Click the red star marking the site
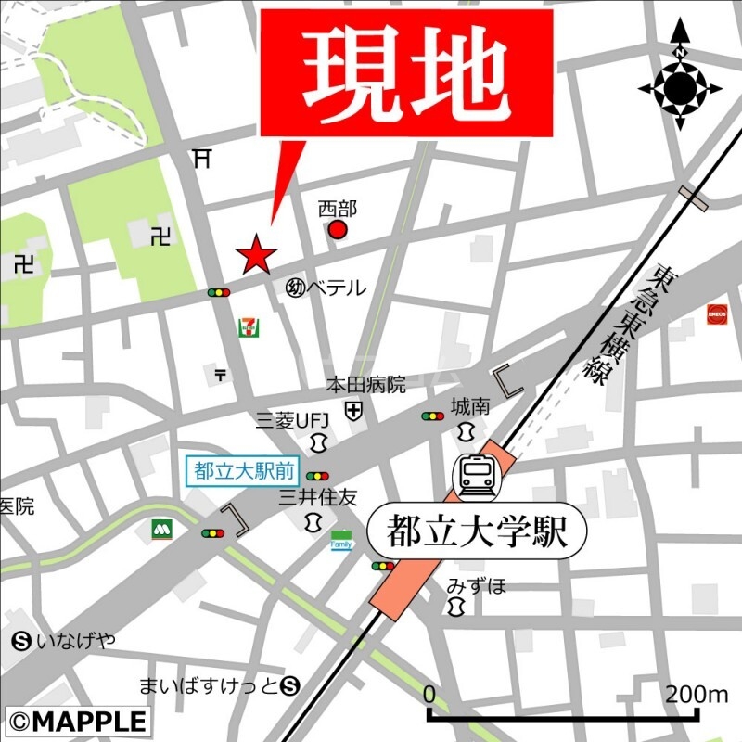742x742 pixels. tap(255, 254)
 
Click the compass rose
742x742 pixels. tap(680, 87)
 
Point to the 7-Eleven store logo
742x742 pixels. tap(249, 326)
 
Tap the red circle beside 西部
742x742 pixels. tap(339, 229)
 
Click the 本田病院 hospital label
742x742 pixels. tap(365, 384)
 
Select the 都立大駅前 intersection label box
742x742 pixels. tap(243, 470)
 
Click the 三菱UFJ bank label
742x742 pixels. tap(288, 420)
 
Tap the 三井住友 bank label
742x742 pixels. tap(318, 498)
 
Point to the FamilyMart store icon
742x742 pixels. tap(342, 541)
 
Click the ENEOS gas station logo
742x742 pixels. tap(717, 313)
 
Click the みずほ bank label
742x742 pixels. tap(477, 585)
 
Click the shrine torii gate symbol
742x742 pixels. tap(202, 159)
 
